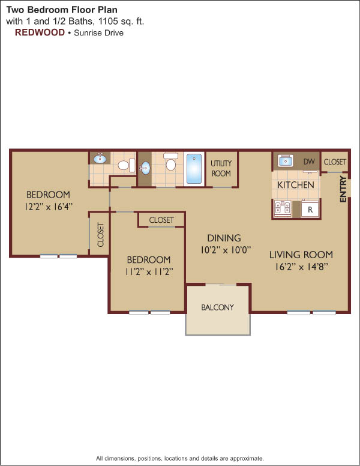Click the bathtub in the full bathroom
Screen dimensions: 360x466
(x=194, y=169)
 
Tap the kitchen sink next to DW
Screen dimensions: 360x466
(x=285, y=161)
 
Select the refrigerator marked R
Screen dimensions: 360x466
(x=310, y=210)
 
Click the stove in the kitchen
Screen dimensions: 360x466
(x=283, y=208)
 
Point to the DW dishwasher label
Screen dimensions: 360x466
(x=309, y=162)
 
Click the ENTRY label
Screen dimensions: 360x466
(x=343, y=189)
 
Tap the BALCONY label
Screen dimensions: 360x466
(x=217, y=307)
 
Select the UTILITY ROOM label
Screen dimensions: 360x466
(x=221, y=168)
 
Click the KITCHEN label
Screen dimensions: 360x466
(x=296, y=185)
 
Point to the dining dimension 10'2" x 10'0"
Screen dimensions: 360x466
(x=226, y=250)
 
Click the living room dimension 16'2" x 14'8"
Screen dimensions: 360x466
(x=301, y=267)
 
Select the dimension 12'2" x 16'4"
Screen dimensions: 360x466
(x=49, y=207)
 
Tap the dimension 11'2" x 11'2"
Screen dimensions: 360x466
(x=149, y=271)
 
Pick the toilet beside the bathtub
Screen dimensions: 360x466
(x=171, y=162)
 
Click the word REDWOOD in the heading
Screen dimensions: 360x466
(x=40, y=32)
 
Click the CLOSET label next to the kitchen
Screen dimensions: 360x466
(x=335, y=162)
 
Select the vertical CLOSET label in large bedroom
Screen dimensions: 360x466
(x=101, y=234)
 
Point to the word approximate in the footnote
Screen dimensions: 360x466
(x=247, y=458)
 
